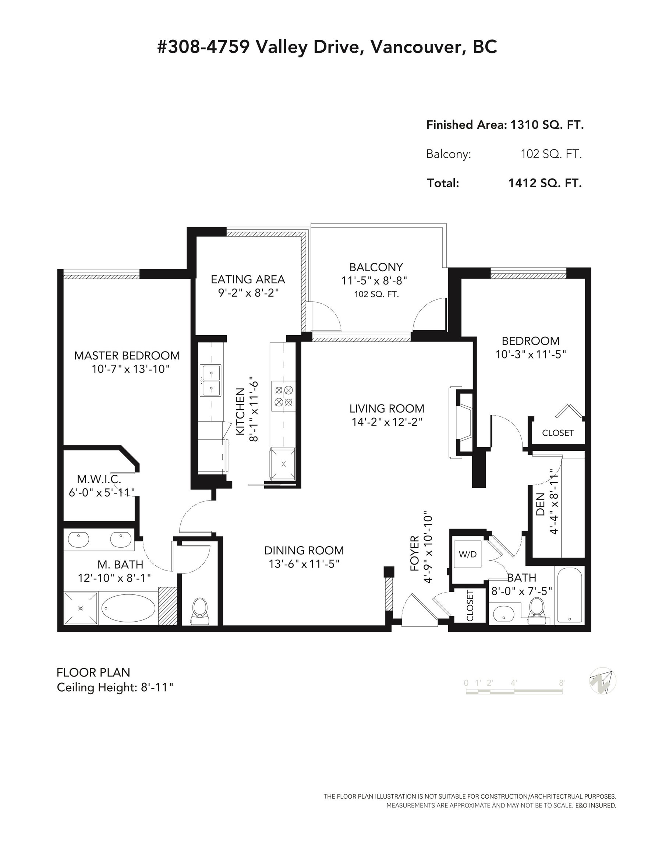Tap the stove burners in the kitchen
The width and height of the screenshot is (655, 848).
pos(283,396)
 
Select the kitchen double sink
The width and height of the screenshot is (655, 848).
pos(210,381)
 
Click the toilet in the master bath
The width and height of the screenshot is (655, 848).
pos(200,610)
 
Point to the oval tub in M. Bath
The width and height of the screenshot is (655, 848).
pos(128,608)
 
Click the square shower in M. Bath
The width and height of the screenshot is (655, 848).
pos(81,608)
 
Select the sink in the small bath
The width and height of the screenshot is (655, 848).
pos(504,614)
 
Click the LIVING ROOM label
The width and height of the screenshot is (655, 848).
pos(387,409)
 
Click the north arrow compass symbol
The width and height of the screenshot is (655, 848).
pos(603,681)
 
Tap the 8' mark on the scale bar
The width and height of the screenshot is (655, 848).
pos(562,683)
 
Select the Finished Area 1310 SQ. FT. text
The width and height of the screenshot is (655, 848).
pos(505,125)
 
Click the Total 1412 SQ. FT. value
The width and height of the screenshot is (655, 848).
pos(545,183)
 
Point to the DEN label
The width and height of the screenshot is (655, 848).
pos(541,504)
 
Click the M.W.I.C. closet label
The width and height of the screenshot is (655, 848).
pos(99,479)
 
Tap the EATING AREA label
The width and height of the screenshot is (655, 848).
pos(248,279)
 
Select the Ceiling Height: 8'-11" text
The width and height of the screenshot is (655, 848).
pos(115,687)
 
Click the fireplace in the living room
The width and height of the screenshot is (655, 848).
pos(461,423)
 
